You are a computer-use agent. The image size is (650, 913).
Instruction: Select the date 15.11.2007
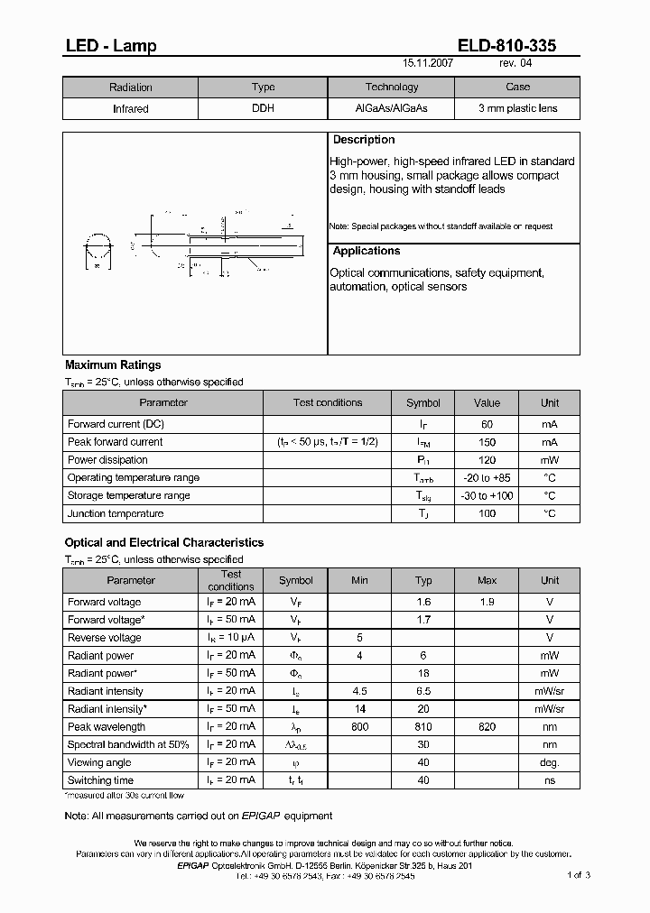(x=428, y=65)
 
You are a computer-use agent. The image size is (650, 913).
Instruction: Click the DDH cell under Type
(x=263, y=108)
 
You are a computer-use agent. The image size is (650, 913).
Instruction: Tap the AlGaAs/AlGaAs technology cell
(x=392, y=108)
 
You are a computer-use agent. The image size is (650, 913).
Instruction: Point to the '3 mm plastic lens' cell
(x=517, y=108)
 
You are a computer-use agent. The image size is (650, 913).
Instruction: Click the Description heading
(x=364, y=140)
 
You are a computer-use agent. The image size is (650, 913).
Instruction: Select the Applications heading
(x=367, y=251)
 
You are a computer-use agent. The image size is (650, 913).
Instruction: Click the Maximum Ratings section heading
(x=113, y=365)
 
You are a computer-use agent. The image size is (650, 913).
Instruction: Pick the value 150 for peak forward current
(x=487, y=442)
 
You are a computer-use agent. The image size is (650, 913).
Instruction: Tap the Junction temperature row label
(x=116, y=513)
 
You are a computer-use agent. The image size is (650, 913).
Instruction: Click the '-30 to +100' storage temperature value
(x=487, y=495)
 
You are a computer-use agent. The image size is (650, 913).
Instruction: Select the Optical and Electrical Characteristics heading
(x=164, y=542)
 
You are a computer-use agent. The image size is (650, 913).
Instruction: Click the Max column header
(x=487, y=580)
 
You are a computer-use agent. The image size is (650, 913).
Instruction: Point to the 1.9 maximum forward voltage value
(x=487, y=602)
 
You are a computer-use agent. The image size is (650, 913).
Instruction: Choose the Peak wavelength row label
(x=107, y=726)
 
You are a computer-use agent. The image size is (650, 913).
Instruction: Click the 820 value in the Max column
(x=487, y=726)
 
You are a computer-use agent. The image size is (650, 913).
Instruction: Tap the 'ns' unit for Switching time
(x=550, y=780)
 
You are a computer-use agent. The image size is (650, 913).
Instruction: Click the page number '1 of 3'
(x=579, y=875)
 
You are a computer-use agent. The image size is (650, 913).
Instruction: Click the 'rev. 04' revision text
(x=515, y=65)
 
